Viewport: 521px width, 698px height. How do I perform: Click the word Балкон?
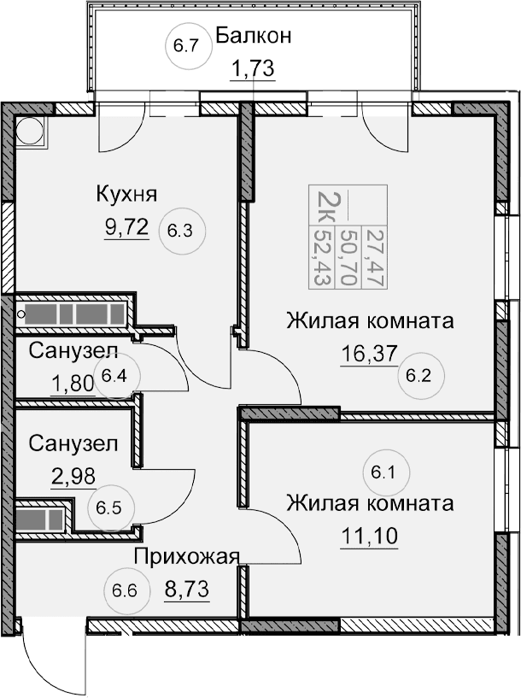[x=254, y=36]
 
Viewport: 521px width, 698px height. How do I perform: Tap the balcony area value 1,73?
[x=252, y=69]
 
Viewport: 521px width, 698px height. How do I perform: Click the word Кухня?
[x=126, y=194]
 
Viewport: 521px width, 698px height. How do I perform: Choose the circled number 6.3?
[x=185, y=229]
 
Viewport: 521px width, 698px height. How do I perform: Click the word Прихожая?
[x=185, y=557]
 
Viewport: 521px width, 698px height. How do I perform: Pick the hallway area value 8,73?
[x=185, y=589]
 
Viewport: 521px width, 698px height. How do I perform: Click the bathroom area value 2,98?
[x=73, y=475]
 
